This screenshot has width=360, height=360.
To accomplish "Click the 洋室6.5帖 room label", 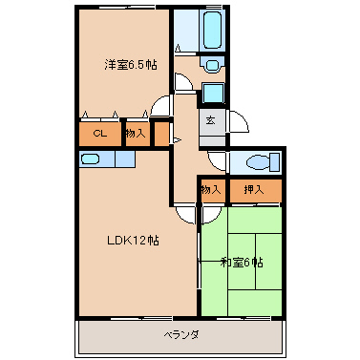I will (131, 64).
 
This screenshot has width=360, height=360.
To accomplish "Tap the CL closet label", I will (100, 134).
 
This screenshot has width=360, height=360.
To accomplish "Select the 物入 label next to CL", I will (135, 134).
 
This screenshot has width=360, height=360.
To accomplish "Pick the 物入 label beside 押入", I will (211, 190).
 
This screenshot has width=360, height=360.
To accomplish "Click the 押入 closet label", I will (253, 190).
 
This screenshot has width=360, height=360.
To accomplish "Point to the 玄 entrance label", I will (211, 121).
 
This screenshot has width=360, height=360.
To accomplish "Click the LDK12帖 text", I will (133, 241).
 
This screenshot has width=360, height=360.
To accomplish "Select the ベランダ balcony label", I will (180, 335).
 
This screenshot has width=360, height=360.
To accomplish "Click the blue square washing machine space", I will (214, 93).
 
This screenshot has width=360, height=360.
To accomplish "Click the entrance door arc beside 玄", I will (237, 121).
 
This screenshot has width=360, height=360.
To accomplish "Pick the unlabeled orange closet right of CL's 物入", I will (160, 134).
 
